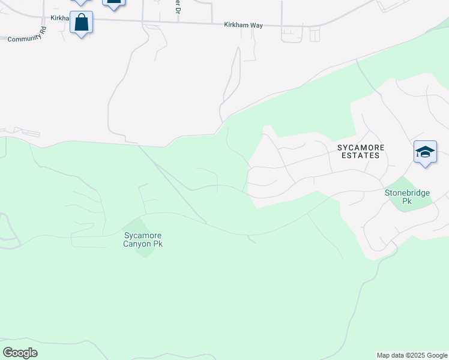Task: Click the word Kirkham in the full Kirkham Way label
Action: click(x=235, y=25)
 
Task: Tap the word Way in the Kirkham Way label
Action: click(x=256, y=25)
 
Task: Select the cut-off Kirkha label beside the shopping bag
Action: click(x=60, y=19)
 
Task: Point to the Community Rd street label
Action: click(x=27, y=35)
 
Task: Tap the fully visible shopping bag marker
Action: click(x=82, y=23)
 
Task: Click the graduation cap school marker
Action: click(x=425, y=152)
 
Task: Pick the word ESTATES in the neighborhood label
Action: click(x=358, y=155)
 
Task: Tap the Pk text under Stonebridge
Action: click(x=407, y=202)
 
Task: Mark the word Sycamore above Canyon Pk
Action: click(x=143, y=236)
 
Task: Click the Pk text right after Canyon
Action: click(x=158, y=244)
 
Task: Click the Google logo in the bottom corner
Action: click(x=20, y=353)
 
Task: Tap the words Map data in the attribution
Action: click(x=390, y=355)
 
